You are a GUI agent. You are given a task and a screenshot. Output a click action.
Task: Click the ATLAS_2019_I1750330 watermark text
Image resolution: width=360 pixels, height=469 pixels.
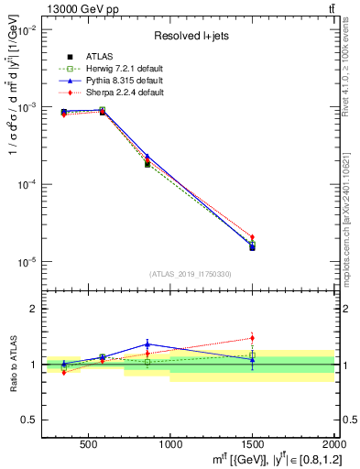click(x=191, y=274)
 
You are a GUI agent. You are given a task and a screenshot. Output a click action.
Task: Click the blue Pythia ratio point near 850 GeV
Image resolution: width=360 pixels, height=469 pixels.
click(x=147, y=344)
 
